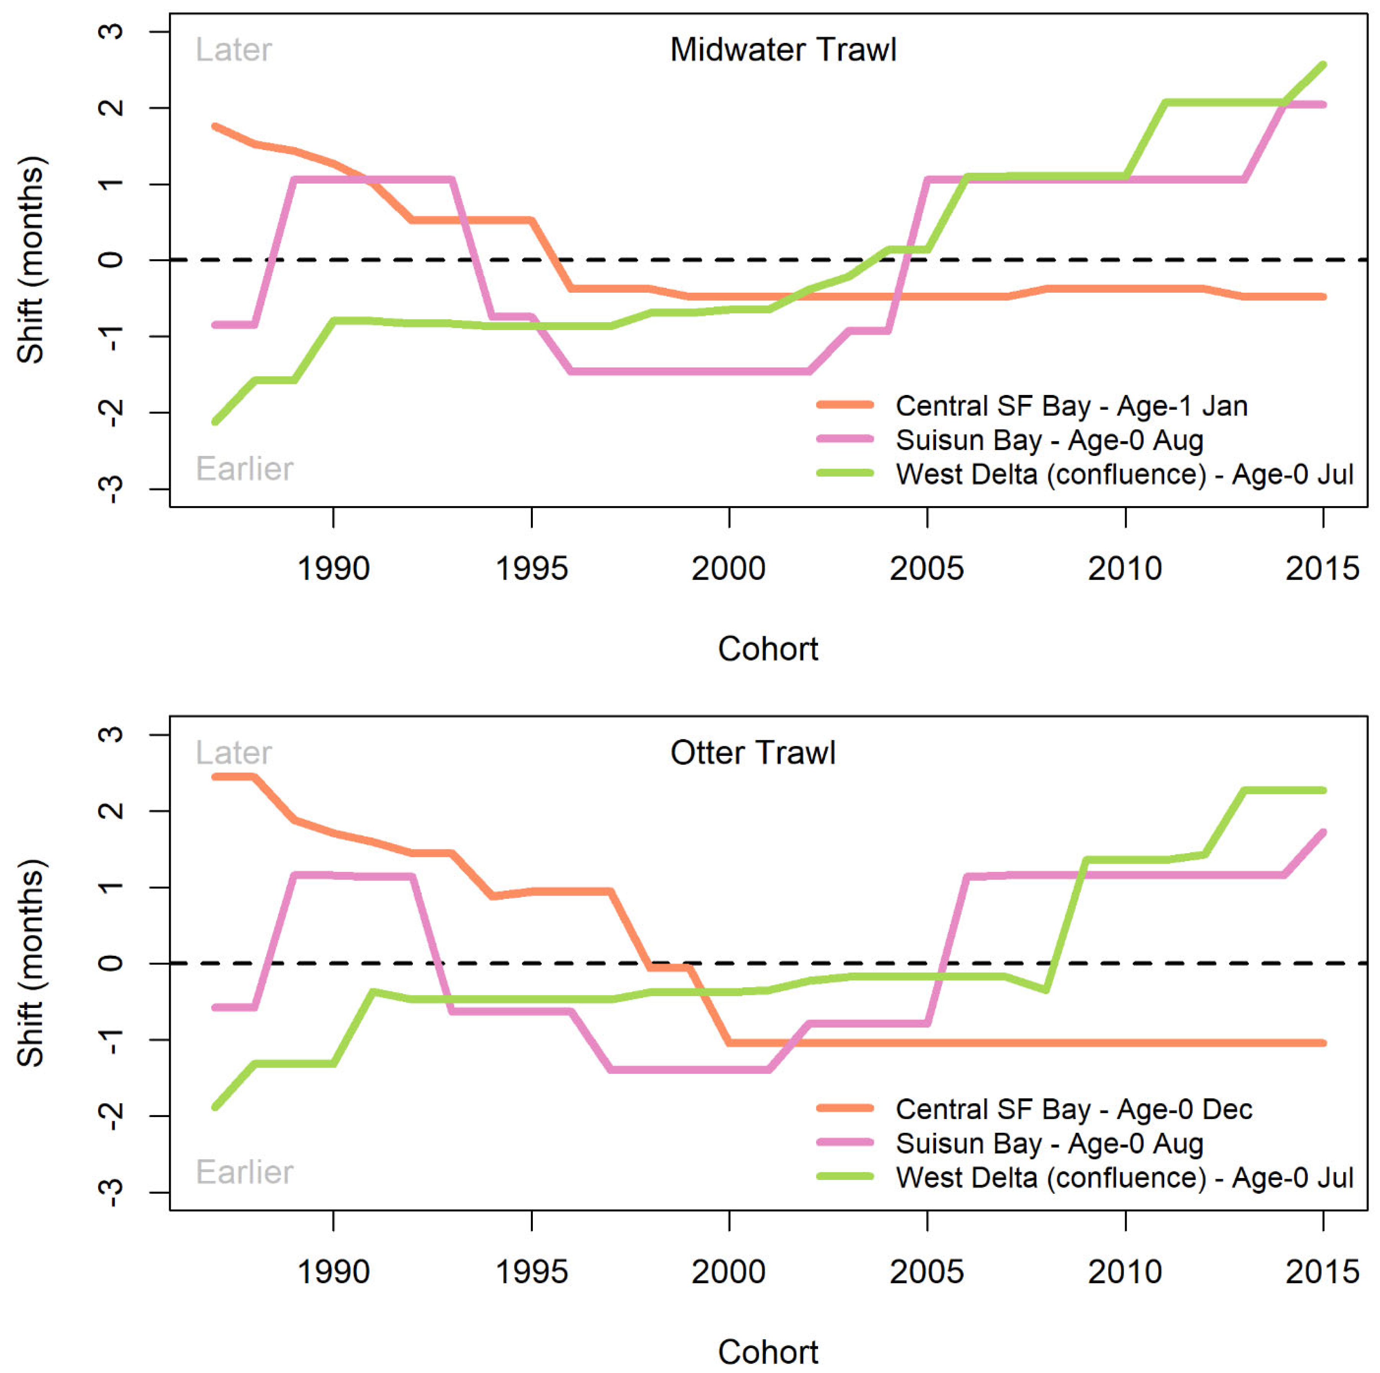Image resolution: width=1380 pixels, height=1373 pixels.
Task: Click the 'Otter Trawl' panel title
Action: [x=753, y=753]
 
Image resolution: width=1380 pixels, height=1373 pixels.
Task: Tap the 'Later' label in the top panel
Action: [x=233, y=50]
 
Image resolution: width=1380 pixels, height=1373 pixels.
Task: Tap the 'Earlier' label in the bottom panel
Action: [x=244, y=1172]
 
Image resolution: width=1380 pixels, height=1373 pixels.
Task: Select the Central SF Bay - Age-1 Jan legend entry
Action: [x=1032, y=406]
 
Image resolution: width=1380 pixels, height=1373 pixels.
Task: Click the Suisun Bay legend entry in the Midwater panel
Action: [x=1010, y=440]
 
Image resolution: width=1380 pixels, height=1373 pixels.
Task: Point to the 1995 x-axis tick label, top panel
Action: [x=531, y=569]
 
